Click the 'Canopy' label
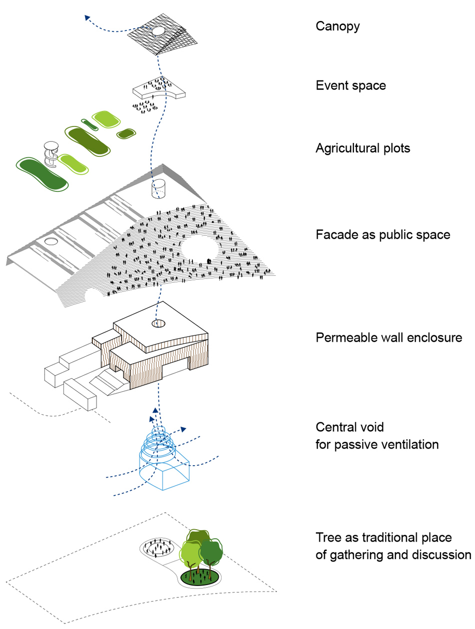point(337,26)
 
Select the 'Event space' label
point(350,85)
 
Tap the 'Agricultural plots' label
point(363,148)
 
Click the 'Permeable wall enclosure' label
point(389,338)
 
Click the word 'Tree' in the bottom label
point(327,538)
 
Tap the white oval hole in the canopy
point(157,32)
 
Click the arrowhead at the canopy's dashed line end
point(87,17)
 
